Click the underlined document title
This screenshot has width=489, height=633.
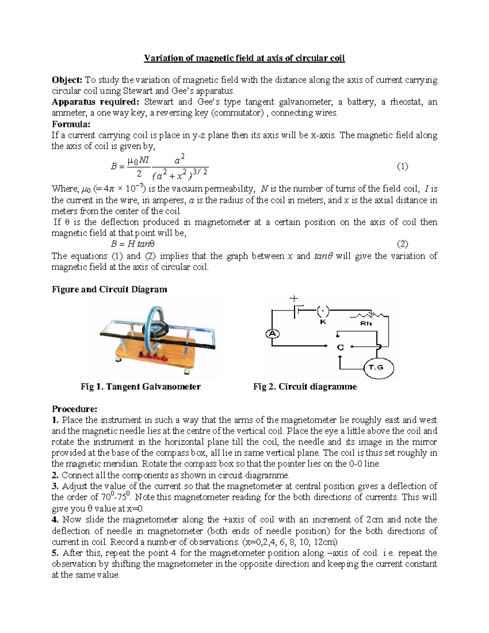coord(244,58)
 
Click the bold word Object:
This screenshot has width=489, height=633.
coord(67,80)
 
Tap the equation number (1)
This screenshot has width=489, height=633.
coord(402,166)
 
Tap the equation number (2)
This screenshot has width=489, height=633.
coord(402,244)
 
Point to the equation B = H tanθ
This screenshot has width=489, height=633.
coord(133,244)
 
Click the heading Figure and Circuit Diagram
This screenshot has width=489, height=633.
coord(109,289)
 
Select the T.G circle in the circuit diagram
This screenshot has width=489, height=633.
coord(378,367)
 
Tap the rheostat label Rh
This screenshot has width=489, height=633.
coord(366,324)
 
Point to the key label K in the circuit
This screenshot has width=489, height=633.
coord(323,322)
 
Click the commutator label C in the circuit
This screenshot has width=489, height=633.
coord(340,348)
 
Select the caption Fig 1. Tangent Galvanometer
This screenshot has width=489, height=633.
coord(141,387)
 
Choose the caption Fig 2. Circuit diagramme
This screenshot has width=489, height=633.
coord(305,387)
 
